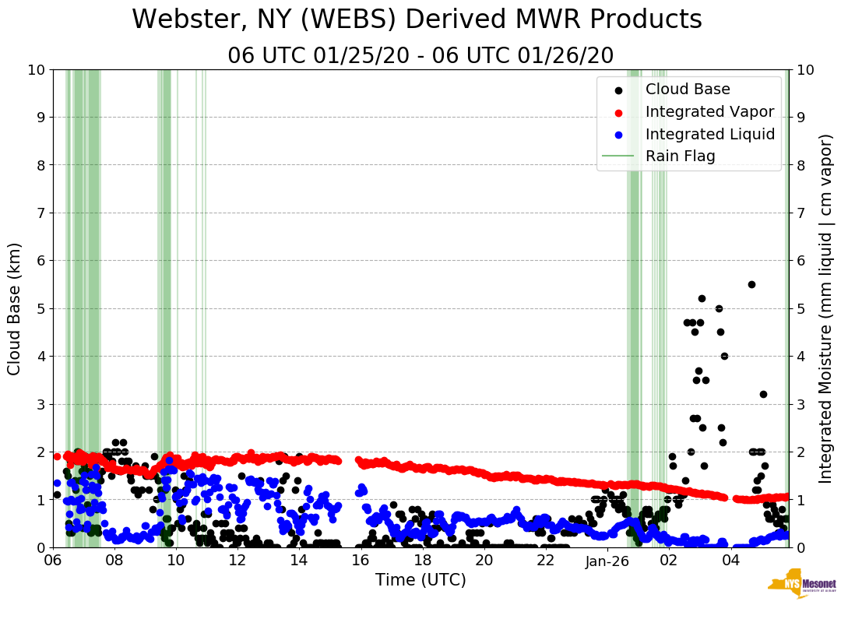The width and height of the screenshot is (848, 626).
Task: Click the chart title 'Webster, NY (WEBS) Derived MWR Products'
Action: [x=417, y=20]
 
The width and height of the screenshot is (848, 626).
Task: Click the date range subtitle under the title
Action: [x=420, y=56]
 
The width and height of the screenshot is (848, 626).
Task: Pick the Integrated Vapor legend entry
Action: [x=709, y=112]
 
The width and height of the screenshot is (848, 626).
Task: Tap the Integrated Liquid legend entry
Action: [x=709, y=134]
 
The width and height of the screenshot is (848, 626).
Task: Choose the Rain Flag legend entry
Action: [x=680, y=156]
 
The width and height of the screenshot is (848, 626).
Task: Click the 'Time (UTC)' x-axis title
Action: [x=420, y=580]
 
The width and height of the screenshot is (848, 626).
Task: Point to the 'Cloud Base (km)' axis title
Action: [x=15, y=308]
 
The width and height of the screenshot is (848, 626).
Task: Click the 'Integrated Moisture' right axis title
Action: [x=826, y=308]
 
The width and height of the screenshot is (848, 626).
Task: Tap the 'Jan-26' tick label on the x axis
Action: [x=607, y=561]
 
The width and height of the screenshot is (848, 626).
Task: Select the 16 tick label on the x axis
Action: [x=361, y=561]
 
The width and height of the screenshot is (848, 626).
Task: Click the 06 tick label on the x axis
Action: [x=53, y=561]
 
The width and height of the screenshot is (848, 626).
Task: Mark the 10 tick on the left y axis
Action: [x=36, y=69]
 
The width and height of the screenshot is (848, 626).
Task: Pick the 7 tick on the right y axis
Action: [x=803, y=213]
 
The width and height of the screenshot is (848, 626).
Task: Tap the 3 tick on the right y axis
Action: [x=803, y=404]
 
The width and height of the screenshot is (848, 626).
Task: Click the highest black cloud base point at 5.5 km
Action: [x=751, y=284]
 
